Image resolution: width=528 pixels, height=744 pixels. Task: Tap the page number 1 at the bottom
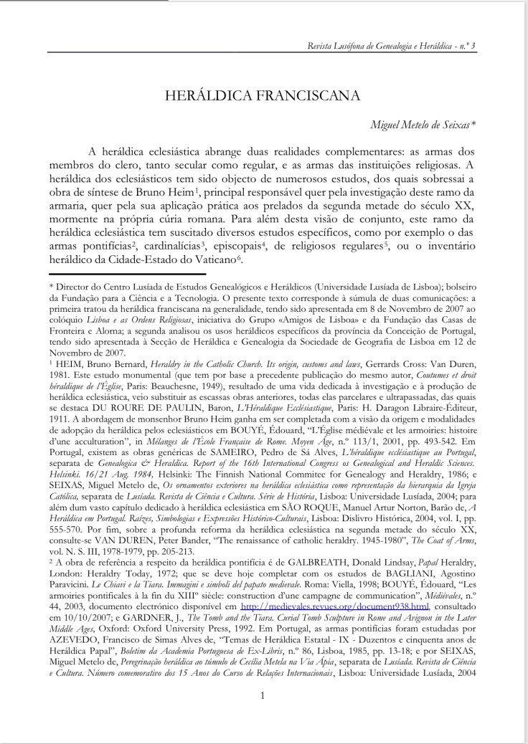pos(263,695)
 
